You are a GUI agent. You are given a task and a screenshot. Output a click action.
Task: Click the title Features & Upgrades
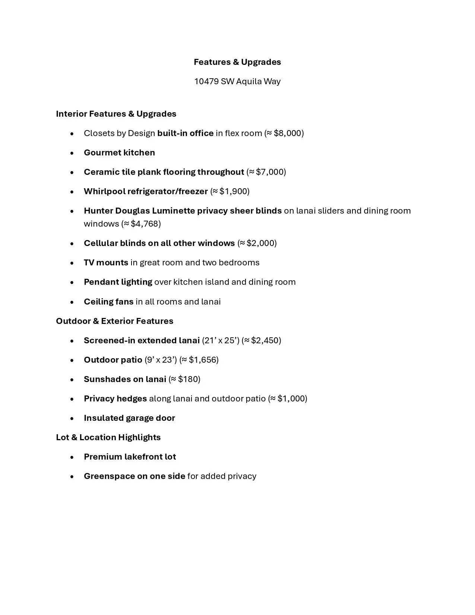(x=237, y=62)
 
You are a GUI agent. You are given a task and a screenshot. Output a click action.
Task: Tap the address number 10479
(x=206, y=81)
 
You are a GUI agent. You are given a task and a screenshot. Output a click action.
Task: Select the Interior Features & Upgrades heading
(x=116, y=114)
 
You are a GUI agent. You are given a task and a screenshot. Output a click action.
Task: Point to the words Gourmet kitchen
(x=119, y=152)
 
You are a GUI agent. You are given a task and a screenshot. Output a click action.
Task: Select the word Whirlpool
(x=104, y=191)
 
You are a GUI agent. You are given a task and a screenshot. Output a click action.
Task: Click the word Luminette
(x=173, y=211)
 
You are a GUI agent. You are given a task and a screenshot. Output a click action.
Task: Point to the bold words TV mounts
(x=106, y=262)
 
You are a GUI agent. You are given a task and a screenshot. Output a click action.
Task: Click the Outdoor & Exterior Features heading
(x=114, y=321)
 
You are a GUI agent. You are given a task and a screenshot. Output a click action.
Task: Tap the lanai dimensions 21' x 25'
(x=221, y=340)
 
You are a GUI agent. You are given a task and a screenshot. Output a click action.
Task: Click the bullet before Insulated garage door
(x=72, y=418)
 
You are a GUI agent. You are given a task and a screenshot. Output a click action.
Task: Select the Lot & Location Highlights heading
(x=108, y=437)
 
